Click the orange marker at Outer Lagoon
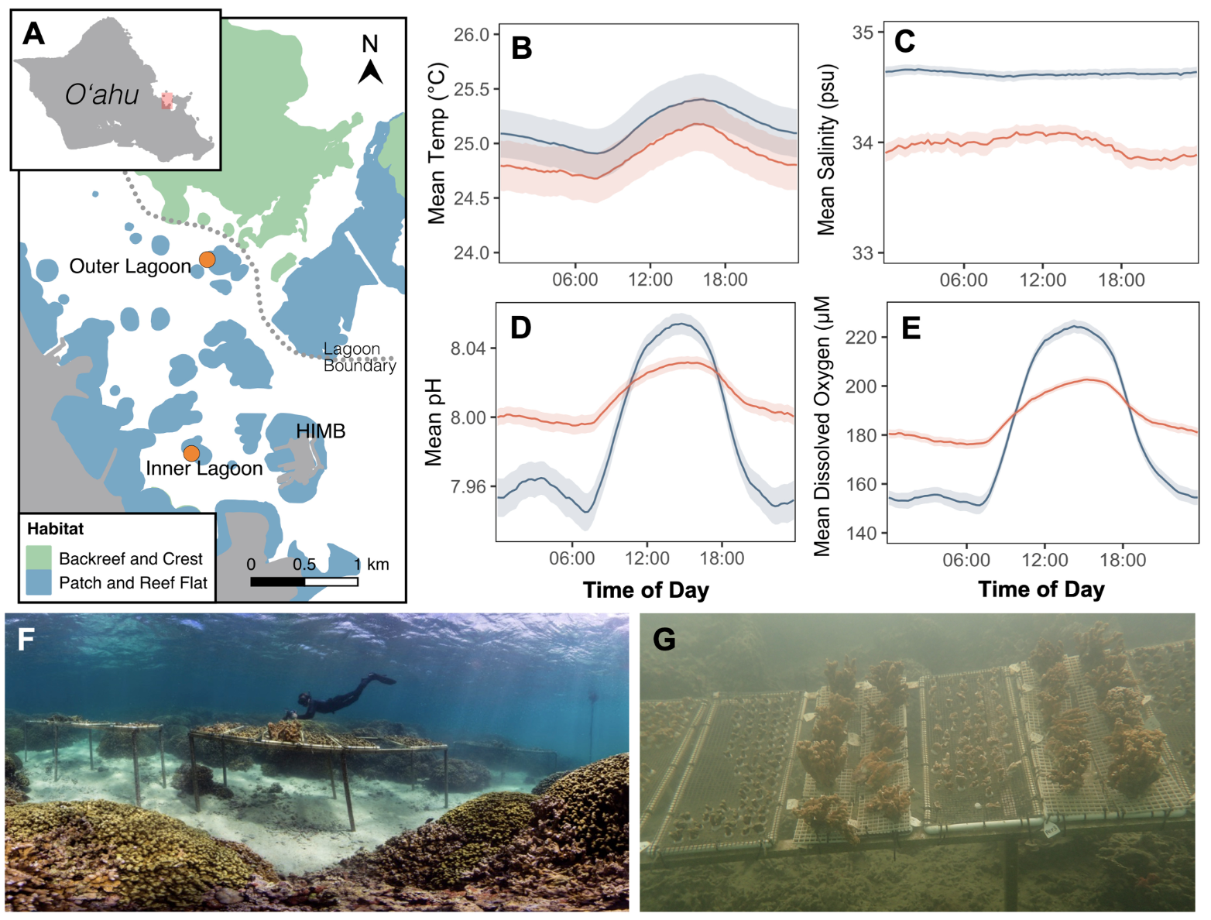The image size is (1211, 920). coord(207,259)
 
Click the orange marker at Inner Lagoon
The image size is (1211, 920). coord(191,453)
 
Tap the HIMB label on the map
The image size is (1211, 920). coord(321,431)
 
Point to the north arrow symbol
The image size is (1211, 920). coord(370,70)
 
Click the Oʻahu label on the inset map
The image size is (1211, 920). coord(101,94)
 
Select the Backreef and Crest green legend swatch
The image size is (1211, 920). coord(39,558)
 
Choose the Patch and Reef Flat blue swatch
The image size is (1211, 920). coord(39,582)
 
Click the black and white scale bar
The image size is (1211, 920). coord(304,582)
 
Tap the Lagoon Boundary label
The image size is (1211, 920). coord(358,357)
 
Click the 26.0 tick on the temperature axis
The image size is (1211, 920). coord(472,35)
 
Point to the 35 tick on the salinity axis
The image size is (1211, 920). coord(863,33)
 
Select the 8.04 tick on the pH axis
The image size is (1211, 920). coord(468,348)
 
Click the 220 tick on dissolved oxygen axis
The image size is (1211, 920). coord(861,338)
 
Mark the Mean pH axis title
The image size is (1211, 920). coord(434,422)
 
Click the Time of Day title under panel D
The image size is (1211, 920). coord(646,590)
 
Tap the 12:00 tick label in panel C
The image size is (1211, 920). coord(1042,280)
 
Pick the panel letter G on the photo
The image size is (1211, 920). coord(664,640)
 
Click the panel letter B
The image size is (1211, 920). coord(522,48)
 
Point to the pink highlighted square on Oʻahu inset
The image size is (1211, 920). coord(166,101)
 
